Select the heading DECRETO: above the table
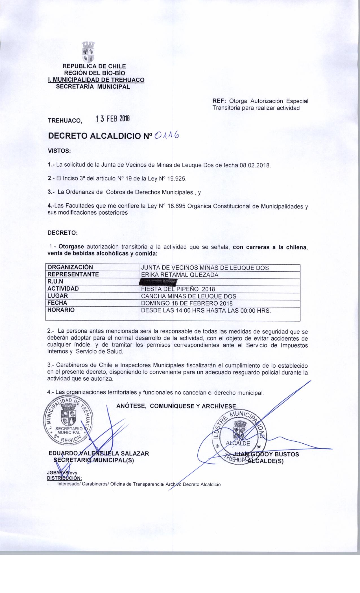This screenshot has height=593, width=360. tap(62, 233)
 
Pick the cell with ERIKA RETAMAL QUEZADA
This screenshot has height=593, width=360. tap(180, 274)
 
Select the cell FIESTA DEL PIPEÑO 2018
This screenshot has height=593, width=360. tap(178, 289)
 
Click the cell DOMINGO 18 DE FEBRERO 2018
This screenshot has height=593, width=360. tap(187, 303)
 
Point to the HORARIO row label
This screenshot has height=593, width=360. tap(61, 310)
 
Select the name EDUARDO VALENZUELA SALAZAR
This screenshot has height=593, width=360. tap(99, 454)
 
